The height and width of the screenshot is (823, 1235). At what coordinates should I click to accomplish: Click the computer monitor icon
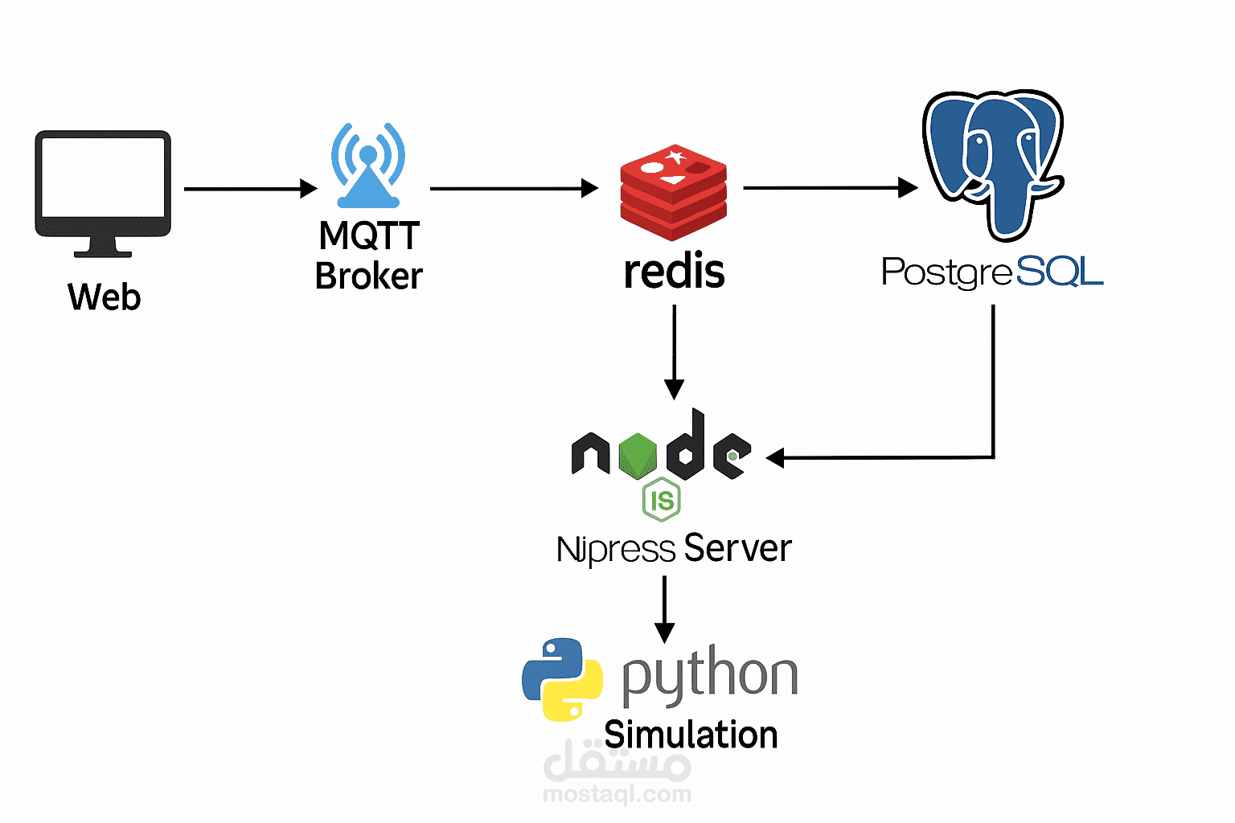click(103, 194)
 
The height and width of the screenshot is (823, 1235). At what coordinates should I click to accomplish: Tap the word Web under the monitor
click(105, 297)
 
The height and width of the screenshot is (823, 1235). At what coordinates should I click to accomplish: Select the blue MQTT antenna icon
click(368, 166)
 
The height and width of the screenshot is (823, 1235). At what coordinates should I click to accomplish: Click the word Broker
click(369, 276)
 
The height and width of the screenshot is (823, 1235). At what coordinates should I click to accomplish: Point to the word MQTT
click(369, 235)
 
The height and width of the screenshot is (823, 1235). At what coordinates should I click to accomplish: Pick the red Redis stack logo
click(674, 192)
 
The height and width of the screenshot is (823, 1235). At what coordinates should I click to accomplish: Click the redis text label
click(675, 271)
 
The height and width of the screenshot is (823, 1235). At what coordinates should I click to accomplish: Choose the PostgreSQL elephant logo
click(994, 166)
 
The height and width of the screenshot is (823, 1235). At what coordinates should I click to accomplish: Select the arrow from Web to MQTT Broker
click(251, 189)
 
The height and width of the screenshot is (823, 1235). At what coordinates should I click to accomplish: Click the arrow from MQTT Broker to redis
click(515, 188)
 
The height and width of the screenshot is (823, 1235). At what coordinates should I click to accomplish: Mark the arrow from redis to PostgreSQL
click(831, 187)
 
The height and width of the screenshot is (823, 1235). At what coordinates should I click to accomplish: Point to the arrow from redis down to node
click(675, 352)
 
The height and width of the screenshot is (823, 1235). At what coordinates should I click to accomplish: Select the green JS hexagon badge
click(662, 500)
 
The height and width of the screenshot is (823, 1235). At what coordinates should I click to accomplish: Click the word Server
click(737, 548)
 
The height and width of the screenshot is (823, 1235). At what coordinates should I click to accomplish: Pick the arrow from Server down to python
click(664, 610)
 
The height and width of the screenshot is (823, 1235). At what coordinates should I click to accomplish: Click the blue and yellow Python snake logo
click(562, 680)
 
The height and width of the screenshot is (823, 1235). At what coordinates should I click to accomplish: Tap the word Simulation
click(691, 735)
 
